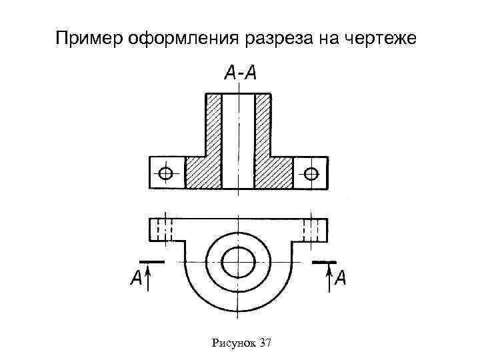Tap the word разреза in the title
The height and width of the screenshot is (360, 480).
tap(279, 39)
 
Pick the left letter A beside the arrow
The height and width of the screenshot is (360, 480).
tap(135, 278)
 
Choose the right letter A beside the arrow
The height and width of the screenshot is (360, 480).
tap(341, 278)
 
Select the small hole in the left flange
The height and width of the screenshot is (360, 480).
tap(166, 174)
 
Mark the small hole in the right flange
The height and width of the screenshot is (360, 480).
tap(311, 174)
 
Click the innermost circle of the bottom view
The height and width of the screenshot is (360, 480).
tap(238, 262)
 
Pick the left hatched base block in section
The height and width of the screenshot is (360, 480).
tap(203, 173)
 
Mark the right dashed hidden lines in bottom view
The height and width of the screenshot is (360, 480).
tap(311, 229)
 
